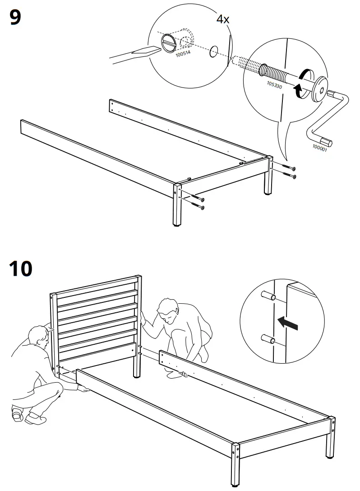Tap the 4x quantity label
tap(223, 20)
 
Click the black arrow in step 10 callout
tap(289, 323)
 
